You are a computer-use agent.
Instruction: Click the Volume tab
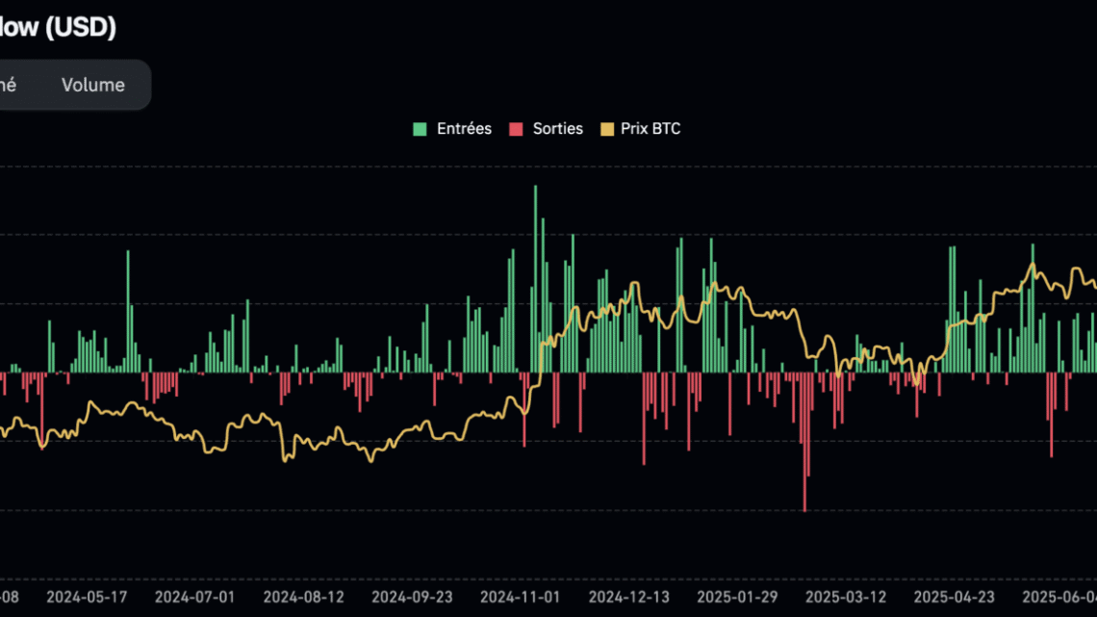(93, 85)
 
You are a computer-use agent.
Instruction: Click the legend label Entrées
(464, 128)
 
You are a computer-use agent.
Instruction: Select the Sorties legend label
(558, 128)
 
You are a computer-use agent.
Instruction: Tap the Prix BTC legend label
(651, 128)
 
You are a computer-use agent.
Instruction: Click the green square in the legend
(420, 128)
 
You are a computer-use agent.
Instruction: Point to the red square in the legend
(515, 128)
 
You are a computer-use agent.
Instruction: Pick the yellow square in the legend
(607, 128)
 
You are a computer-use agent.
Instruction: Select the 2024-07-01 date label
(194, 596)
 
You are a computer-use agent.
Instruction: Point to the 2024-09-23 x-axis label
(411, 596)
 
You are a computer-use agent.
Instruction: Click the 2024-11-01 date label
(520, 596)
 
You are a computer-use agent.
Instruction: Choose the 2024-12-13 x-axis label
(628, 596)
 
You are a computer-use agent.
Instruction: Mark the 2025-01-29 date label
(737, 596)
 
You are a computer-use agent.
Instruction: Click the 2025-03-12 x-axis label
(846, 596)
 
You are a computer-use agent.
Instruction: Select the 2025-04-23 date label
(955, 596)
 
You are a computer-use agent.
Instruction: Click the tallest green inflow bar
(536, 279)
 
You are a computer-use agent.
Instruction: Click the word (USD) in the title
(81, 28)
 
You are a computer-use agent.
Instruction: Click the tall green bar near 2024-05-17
(128, 311)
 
